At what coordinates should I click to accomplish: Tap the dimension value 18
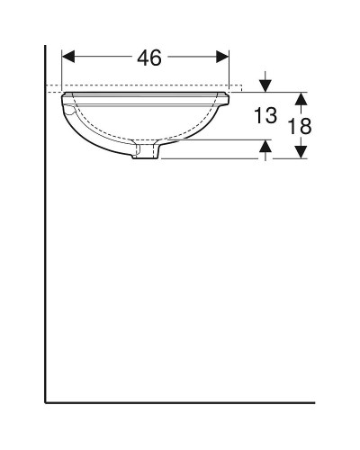point(300,127)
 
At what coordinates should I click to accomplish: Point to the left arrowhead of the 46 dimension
point(67,58)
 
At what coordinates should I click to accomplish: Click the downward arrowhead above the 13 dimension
point(265,85)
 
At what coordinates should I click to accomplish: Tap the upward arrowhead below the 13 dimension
point(265,145)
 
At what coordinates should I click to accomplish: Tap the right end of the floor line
point(314,401)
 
